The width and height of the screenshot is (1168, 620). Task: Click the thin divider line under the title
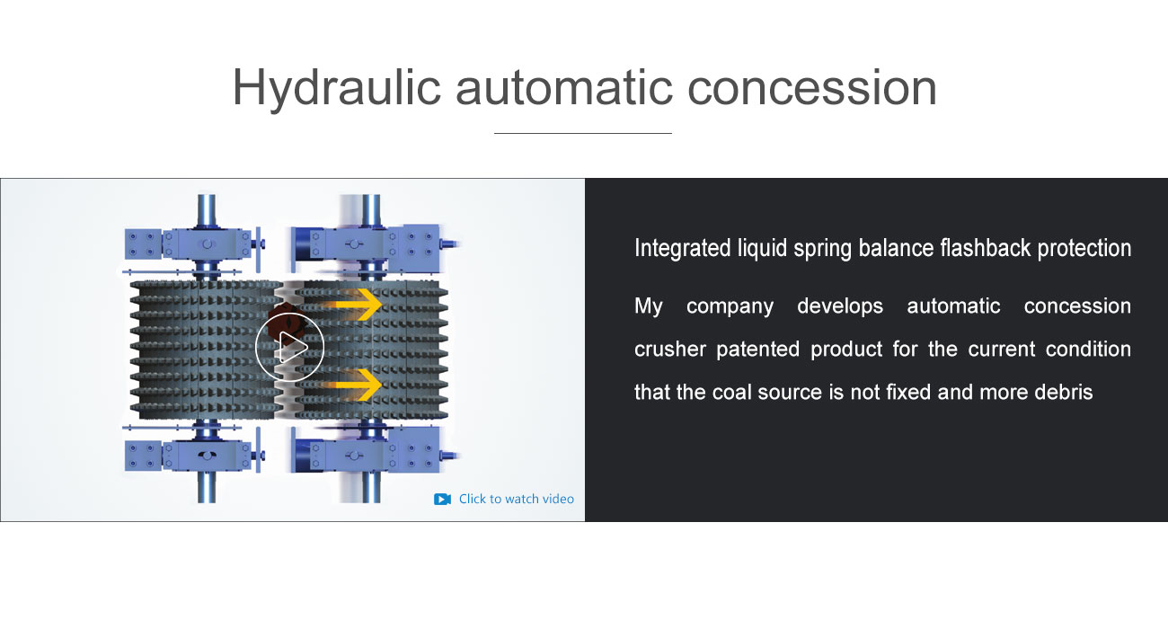click(x=583, y=134)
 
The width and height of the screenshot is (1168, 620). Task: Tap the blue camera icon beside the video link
click(x=442, y=499)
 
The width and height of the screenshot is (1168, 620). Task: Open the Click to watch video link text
click(x=517, y=499)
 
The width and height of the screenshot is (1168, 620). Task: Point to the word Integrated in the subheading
click(x=682, y=249)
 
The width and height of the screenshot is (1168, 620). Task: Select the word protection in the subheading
click(x=1084, y=249)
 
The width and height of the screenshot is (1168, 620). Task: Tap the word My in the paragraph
click(x=648, y=306)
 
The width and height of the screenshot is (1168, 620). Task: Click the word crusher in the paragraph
click(x=670, y=350)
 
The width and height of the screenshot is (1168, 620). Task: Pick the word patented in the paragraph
click(x=757, y=350)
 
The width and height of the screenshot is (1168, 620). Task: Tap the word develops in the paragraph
click(x=840, y=307)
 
